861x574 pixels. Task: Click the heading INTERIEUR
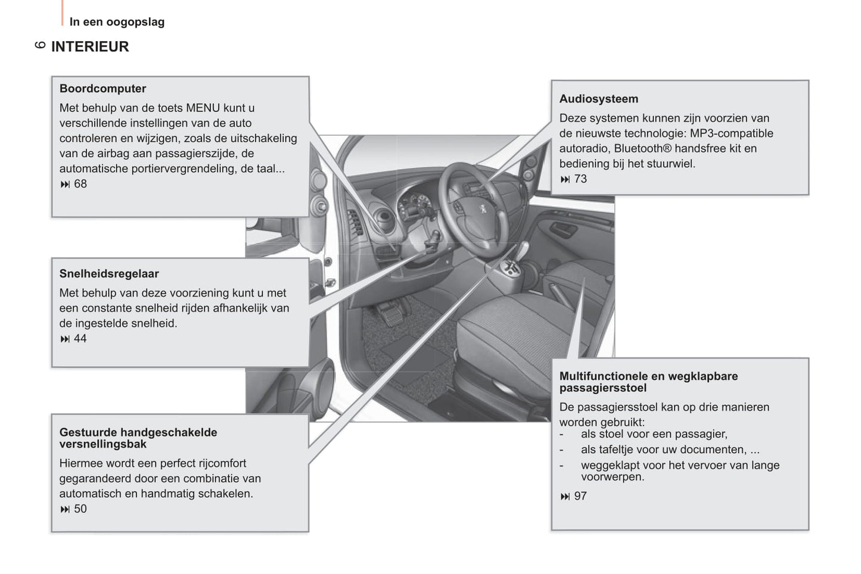90,46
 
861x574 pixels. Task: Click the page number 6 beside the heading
41,45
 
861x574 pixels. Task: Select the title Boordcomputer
102,89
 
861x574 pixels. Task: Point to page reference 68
80,184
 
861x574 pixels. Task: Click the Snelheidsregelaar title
109,274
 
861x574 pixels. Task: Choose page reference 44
80,339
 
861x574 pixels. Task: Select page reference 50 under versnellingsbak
80,509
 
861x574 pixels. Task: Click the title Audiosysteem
598,99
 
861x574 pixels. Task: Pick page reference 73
580,179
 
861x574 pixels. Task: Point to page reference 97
580,497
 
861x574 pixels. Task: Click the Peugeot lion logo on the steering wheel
483,209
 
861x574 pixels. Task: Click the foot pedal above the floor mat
390,314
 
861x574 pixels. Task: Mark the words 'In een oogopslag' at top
117,22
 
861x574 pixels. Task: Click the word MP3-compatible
731,133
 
